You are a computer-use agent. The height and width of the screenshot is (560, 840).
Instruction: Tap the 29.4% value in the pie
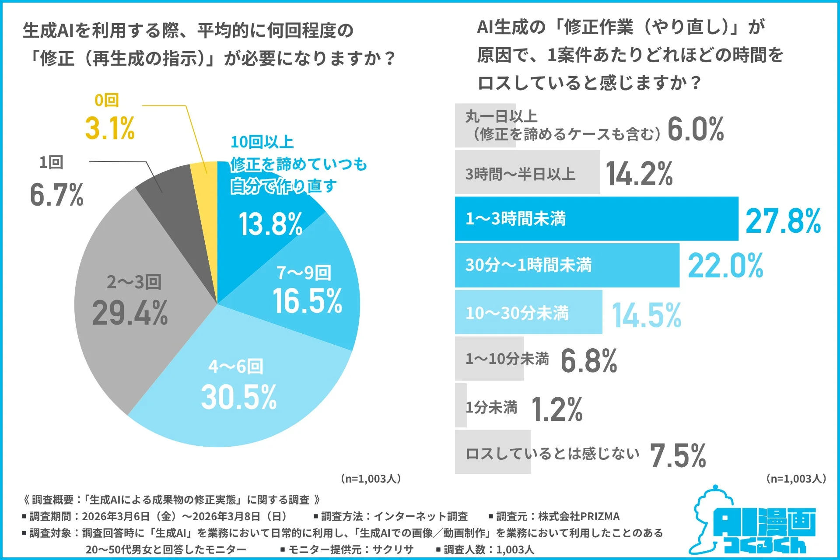click(x=130, y=313)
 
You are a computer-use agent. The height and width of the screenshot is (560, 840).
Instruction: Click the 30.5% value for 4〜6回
click(x=239, y=397)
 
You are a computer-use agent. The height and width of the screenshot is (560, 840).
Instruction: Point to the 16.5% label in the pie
click(x=307, y=301)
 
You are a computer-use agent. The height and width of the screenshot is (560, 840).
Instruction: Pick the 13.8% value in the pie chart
click(x=270, y=224)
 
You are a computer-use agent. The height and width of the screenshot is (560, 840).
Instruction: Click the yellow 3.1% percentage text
click(x=110, y=128)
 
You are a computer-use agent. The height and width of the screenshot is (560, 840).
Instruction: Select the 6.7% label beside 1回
click(x=56, y=195)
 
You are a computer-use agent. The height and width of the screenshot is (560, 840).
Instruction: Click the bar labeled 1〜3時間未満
click(x=596, y=219)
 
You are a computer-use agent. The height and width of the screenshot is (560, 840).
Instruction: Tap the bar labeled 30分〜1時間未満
click(x=567, y=265)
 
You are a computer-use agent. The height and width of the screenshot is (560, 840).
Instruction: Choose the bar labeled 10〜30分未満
click(x=528, y=312)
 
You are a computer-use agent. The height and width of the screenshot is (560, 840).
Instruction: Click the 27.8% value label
click(x=783, y=221)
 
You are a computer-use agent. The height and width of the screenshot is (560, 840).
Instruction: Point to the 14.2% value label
click(x=639, y=174)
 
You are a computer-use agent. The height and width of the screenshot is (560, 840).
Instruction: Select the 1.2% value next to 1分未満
click(x=557, y=409)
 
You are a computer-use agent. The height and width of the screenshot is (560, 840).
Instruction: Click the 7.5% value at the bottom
click(x=678, y=455)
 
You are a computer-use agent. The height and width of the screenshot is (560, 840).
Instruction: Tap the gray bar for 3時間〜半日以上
click(x=527, y=172)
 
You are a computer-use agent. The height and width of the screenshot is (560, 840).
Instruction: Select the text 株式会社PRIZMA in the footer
click(x=579, y=516)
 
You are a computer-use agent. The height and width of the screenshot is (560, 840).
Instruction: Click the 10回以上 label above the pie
click(x=262, y=142)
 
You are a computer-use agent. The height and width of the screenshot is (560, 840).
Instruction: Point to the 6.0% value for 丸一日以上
click(x=696, y=129)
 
